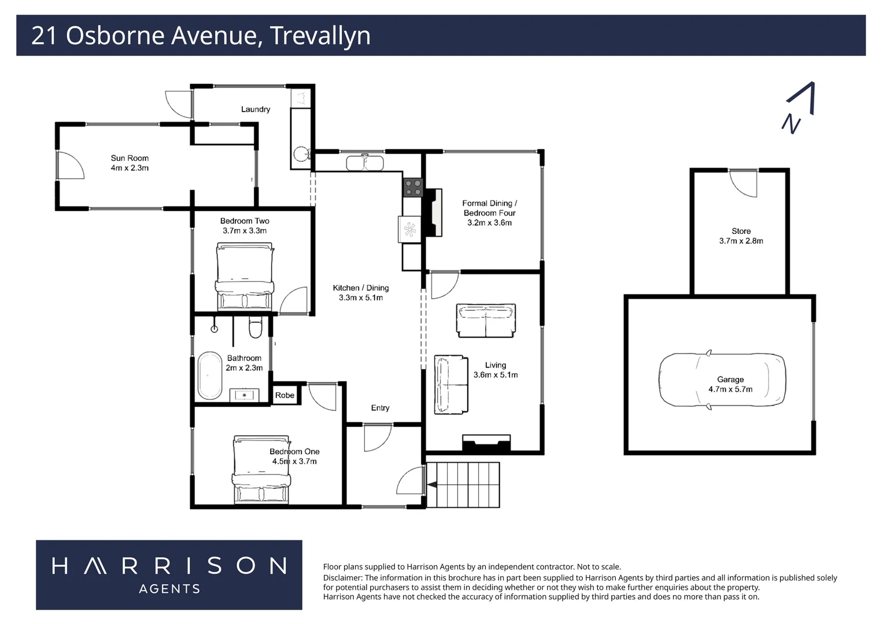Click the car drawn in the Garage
(722, 380)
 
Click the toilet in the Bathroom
(255, 328)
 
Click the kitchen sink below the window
(365, 163)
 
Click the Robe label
(285, 395)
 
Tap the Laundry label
(256, 109)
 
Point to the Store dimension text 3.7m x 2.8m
(741, 241)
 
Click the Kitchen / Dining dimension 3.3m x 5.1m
(361, 298)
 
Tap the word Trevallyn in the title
(320, 35)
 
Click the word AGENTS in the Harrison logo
(169, 589)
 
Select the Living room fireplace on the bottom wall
(486, 444)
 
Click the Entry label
(380, 408)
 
